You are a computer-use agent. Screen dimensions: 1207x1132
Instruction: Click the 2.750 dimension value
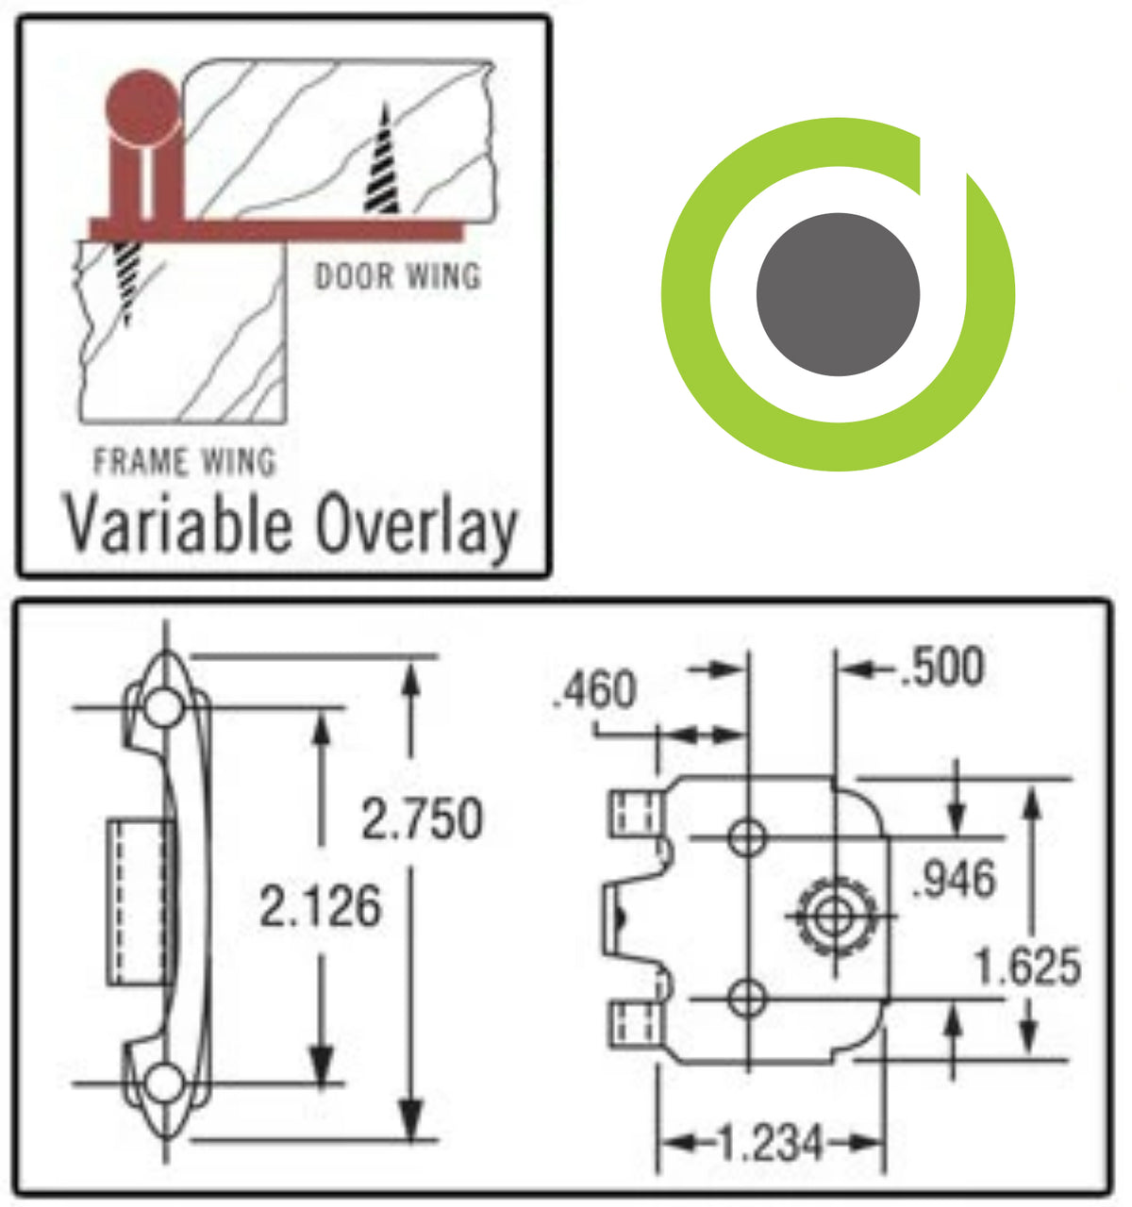422,818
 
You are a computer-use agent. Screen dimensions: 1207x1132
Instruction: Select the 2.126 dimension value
321,907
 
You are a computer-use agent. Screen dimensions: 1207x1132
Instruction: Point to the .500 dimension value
941,667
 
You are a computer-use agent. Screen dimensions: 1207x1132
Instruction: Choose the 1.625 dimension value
1027,967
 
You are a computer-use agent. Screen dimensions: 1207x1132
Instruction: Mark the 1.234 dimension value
771,1144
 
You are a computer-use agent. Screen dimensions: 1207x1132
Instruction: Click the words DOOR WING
397,276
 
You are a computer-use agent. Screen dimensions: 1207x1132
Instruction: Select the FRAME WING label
185,462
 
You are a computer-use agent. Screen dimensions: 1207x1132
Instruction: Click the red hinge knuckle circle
141,105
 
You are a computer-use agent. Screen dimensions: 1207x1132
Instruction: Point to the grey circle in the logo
838,294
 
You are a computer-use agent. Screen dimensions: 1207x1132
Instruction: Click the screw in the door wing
382,160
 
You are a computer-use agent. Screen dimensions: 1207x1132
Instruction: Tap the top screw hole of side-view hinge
164,707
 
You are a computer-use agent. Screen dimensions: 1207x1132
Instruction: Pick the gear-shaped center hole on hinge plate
834,914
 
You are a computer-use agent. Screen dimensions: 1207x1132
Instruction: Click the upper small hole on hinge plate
747,836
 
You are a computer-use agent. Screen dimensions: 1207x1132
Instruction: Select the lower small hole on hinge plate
747,998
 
